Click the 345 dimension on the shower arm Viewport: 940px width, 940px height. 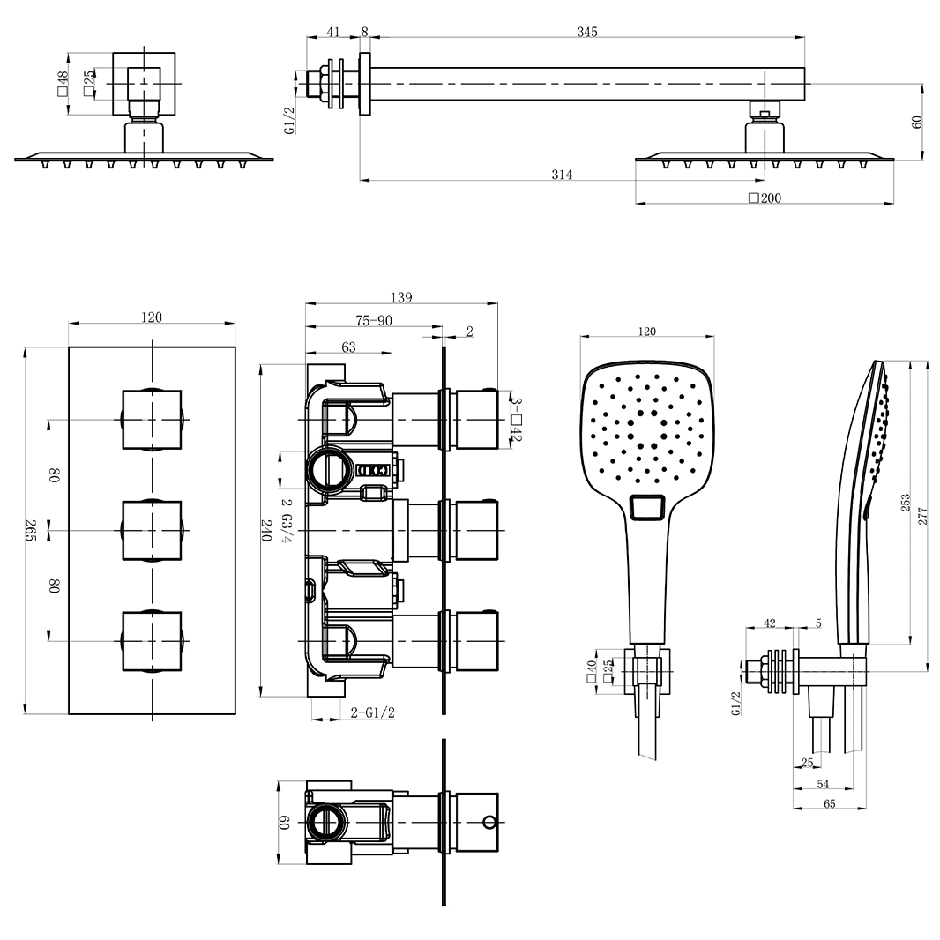[587, 32]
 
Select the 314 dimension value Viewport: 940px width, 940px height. [562, 175]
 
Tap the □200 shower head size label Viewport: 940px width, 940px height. [765, 198]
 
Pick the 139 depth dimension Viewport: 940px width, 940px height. [400, 298]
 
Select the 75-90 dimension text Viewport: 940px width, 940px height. [373, 321]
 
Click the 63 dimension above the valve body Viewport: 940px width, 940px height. [348, 347]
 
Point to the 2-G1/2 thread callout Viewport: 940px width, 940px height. [372, 712]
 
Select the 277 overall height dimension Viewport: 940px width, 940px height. [923, 516]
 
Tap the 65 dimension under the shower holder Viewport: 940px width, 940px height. [830, 803]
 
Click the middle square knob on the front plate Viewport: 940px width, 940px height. [152, 531]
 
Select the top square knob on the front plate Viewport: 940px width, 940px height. [152, 420]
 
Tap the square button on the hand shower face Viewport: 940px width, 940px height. [650, 509]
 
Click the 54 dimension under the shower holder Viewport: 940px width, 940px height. [823, 784]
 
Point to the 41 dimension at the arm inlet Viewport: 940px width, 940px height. [333, 32]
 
